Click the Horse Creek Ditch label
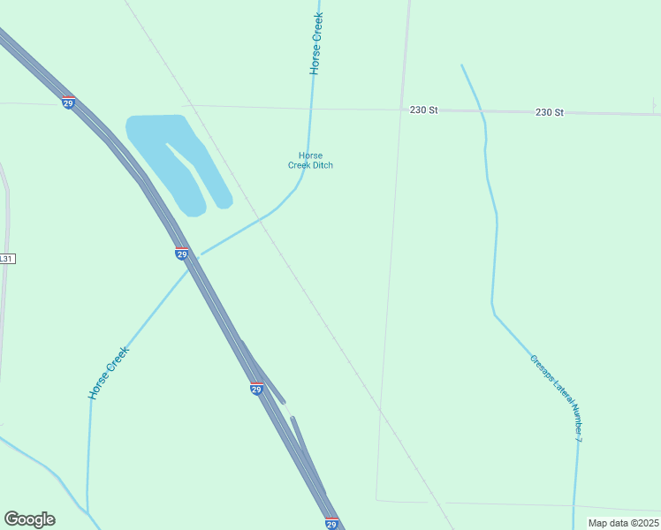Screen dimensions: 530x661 pos(310,160)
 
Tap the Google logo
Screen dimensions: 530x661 pos(29,519)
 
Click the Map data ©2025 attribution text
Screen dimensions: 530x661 pos(622,523)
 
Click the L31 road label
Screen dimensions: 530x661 pos(7,260)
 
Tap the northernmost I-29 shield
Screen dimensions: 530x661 pos(68,102)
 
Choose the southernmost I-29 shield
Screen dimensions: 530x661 pos(331,523)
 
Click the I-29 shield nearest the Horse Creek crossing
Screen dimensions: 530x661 pos(181,254)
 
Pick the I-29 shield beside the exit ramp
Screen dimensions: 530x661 pos(256,389)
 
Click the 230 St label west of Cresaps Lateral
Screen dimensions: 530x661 pos(424,110)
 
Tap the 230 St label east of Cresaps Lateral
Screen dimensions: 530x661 pos(549,113)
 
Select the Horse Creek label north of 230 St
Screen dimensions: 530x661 pos(315,42)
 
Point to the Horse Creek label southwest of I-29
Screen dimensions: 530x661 pos(109,372)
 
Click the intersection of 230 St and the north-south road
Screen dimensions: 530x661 pos(403,110)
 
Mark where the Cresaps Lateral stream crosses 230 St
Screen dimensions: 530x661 pos(482,112)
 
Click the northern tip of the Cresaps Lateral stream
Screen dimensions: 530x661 pos(461,65)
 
